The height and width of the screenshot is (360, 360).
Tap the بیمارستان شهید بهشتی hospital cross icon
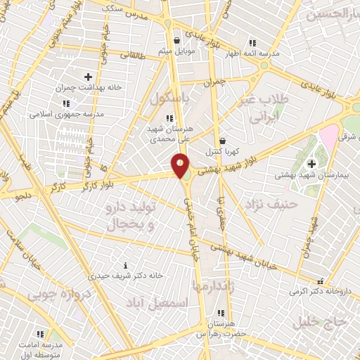point(311,163)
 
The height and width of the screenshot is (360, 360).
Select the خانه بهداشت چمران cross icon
point(88,77)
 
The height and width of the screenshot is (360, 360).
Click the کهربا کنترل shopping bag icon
point(223,141)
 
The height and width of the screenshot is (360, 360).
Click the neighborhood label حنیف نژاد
point(272,204)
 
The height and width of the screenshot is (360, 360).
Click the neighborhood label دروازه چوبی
point(64,296)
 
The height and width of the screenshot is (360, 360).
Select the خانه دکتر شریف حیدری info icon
point(125,265)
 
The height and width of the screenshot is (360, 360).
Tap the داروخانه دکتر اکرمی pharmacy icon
point(321,280)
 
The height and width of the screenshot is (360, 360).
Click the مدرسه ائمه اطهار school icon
point(252,43)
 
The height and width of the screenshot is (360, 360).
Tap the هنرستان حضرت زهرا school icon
point(221,314)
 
